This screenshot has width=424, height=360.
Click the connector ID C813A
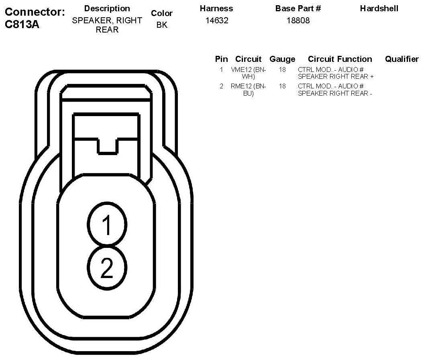[x=22, y=25]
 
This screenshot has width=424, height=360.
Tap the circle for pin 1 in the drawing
[x=107, y=224]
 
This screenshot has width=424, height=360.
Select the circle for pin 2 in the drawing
[x=107, y=268]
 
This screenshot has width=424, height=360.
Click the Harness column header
[x=216, y=8]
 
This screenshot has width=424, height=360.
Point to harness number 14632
[x=217, y=20]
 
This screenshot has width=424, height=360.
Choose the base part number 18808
[x=298, y=20]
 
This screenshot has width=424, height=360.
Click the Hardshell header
[x=379, y=8]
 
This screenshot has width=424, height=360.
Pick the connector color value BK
[x=162, y=25]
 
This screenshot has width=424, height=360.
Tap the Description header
[x=107, y=8]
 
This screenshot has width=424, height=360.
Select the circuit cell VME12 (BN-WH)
[x=248, y=73]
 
